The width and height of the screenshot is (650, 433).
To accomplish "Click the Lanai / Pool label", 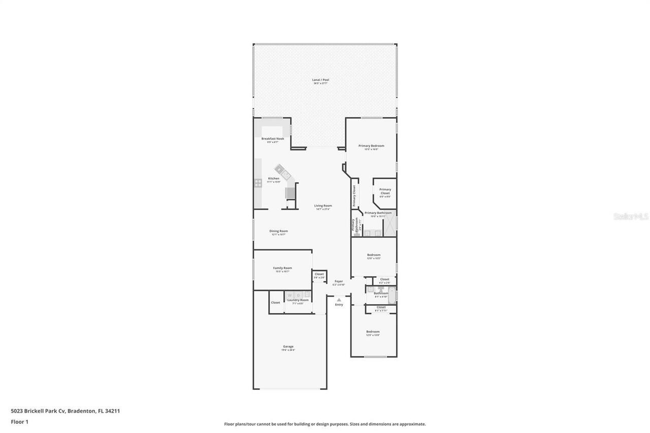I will (x=320, y=80).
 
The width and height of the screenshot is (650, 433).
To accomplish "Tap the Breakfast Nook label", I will (x=273, y=139).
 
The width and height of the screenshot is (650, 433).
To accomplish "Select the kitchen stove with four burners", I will (x=258, y=182).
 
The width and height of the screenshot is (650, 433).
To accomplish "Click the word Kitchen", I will (x=274, y=179).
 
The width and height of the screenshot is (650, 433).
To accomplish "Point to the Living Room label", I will (x=323, y=206).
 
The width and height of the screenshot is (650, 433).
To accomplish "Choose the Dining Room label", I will (x=278, y=231).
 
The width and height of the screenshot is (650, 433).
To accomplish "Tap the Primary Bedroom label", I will (x=371, y=146).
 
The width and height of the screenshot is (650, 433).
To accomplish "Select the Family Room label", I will (x=282, y=268).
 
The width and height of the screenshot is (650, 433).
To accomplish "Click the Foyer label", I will (x=339, y=281).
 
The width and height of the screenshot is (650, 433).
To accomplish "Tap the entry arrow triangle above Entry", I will (x=339, y=300).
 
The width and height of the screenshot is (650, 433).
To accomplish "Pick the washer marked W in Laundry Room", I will (x=290, y=295).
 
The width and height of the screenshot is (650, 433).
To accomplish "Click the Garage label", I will (x=288, y=347).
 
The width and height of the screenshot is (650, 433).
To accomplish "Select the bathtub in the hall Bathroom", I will (x=392, y=295).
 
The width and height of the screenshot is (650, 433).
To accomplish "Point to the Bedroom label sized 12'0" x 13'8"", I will (x=373, y=332).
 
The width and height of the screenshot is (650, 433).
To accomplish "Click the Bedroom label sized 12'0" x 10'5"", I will (x=373, y=255).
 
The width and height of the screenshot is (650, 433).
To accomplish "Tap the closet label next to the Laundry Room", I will (x=275, y=303).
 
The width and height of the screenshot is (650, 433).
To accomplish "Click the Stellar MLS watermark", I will (x=631, y=216).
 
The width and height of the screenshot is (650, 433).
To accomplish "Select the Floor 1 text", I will (x=20, y=421).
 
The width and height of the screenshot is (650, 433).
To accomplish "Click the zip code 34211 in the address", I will (x=113, y=411).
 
